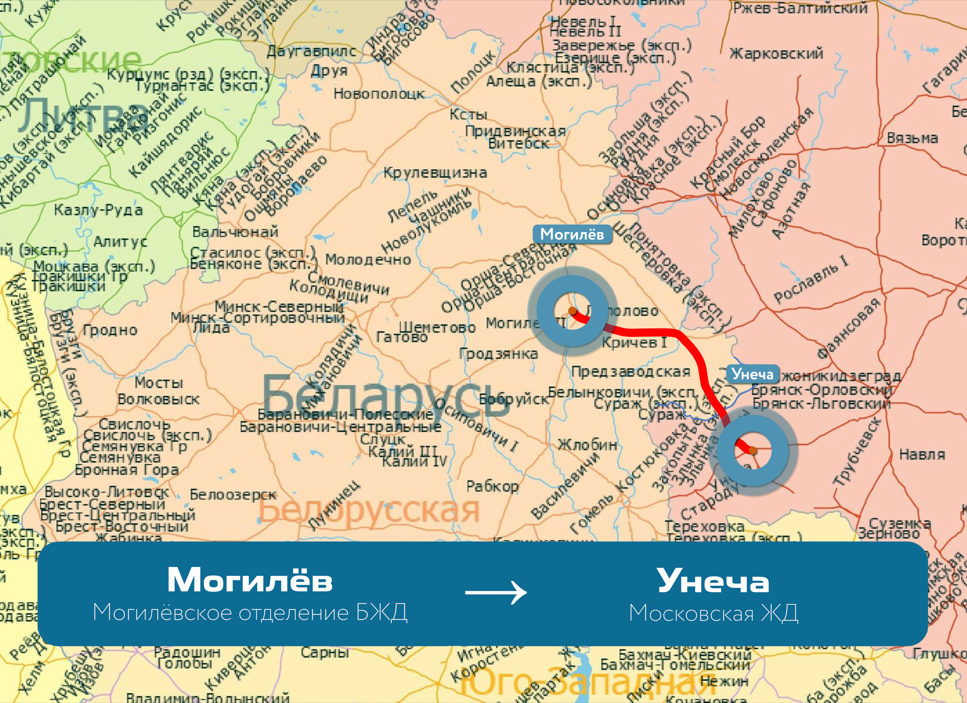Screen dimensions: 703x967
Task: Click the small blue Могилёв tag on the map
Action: (572, 234)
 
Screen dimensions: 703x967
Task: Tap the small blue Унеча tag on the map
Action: (753, 374)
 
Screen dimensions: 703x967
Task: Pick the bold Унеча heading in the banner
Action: (713, 581)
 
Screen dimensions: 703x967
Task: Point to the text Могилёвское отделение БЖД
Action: (250, 613)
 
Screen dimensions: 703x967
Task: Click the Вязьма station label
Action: (912, 138)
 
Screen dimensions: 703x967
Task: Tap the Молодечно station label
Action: (368, 259)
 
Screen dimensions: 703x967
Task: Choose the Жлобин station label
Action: (587, 445)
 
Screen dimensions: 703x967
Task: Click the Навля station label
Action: (922, 455)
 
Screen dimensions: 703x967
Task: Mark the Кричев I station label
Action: (634, 343)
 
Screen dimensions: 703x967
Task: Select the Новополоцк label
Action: (378, 94)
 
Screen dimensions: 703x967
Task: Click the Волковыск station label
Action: (158, 399)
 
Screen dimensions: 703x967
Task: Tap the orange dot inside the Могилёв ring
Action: (573, 311)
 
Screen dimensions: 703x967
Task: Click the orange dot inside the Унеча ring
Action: (753, 450)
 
